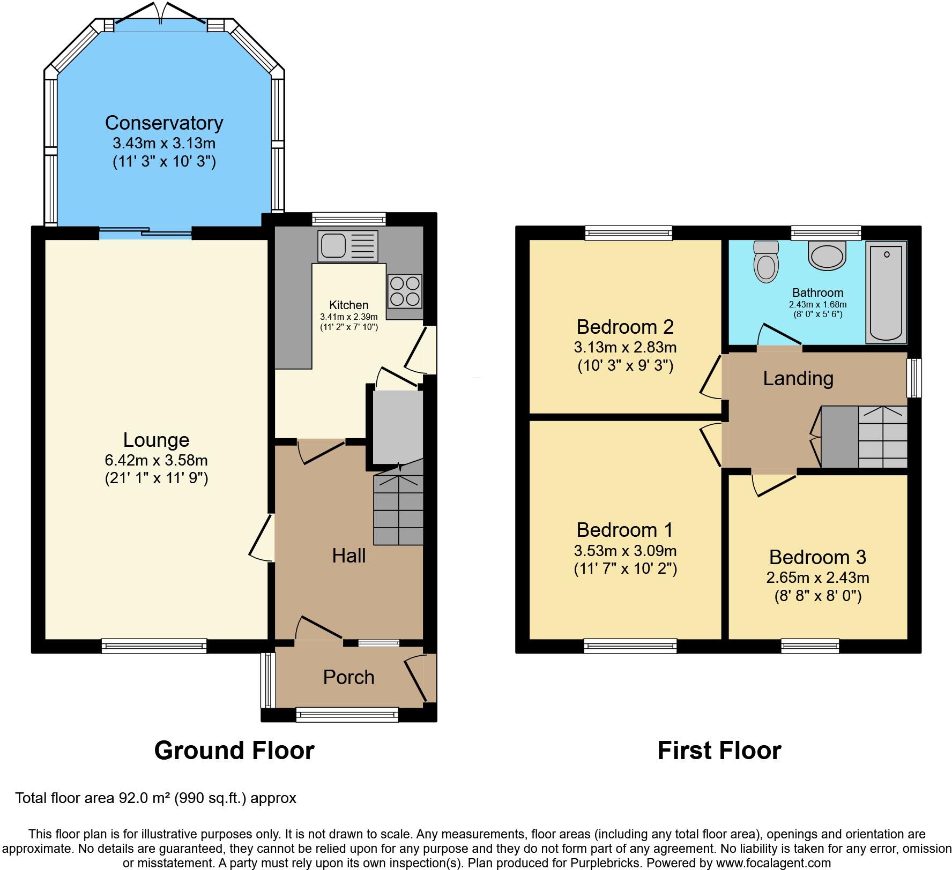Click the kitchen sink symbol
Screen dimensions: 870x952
pos(347,246)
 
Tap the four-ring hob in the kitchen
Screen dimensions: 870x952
pos(405,291)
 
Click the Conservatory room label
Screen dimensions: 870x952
pos(164,123)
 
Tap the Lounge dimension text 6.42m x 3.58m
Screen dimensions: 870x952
pos(156,460)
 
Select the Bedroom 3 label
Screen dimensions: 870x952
pos(817,557)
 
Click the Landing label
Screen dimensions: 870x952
pos(798,378)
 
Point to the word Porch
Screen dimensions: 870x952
pos(348,677)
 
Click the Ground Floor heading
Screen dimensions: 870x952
pos(234,750)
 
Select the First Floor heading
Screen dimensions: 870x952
pos(719,750)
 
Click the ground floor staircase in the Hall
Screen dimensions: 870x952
pos(398,509)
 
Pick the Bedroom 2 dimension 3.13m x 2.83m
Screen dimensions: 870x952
pos(625,347)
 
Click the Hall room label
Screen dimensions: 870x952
pos(348,556)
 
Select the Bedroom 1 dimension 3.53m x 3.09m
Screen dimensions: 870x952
pos(625,551)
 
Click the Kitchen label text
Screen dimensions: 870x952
pos(348,305)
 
